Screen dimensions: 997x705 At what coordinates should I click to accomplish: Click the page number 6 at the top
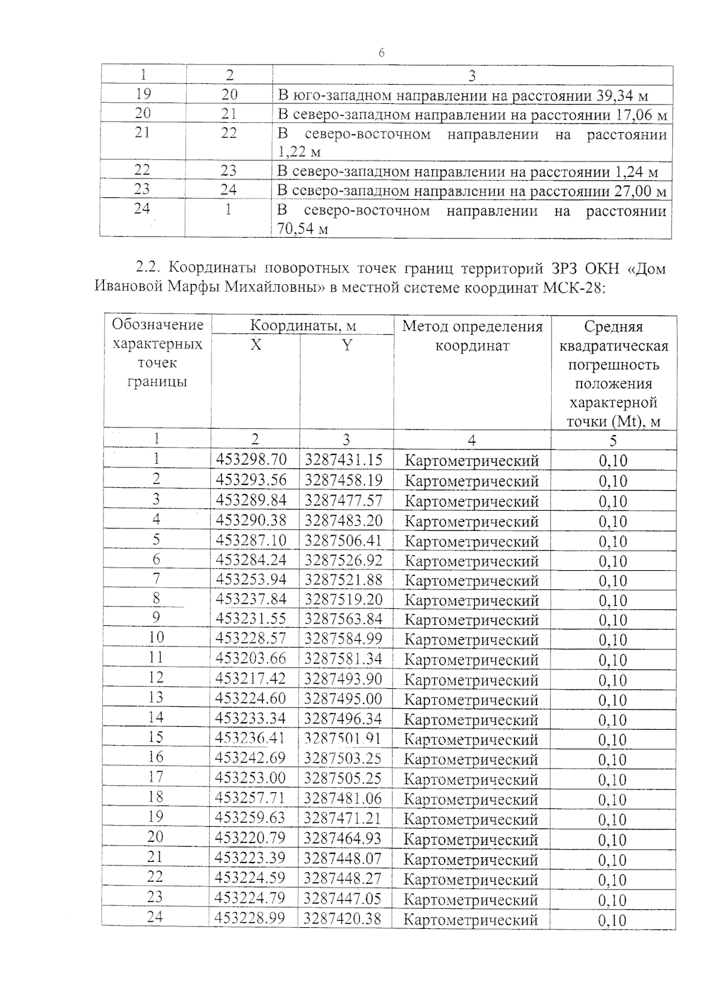pos(381,53)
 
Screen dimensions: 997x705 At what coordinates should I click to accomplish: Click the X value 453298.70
pos(251,459)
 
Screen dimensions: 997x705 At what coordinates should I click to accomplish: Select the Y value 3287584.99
pos(343,638)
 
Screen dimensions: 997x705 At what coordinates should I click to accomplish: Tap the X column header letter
pos(255,345)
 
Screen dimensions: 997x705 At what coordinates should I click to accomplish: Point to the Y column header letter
pos(347,345)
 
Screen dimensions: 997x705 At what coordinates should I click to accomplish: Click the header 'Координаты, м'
pos(303,325)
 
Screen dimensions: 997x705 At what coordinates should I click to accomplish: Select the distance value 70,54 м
pos(302,229)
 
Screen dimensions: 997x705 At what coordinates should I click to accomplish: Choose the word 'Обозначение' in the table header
pos(157,325)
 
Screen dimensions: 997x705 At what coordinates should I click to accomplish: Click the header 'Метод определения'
pos(472,326)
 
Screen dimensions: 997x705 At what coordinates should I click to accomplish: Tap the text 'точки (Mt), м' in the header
pos(613,422)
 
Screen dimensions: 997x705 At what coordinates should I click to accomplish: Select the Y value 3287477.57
pos(343,500)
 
